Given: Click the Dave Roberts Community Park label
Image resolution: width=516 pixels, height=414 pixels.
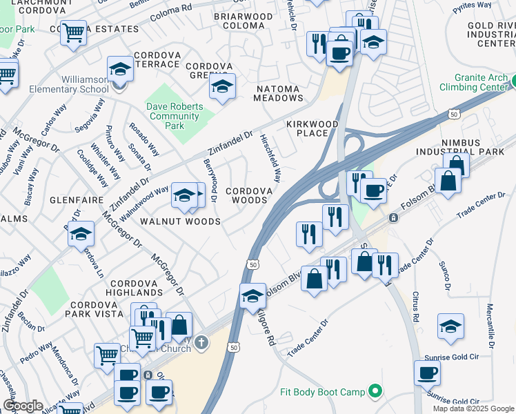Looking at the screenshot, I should [x=175, y=117].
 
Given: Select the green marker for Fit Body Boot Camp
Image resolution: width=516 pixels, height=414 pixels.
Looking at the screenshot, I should [x=375, y=392].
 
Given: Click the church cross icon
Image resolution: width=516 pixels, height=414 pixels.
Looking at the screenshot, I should [x=200, y=342].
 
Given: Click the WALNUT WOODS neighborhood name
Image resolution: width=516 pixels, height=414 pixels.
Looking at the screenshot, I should [x=180, y=221].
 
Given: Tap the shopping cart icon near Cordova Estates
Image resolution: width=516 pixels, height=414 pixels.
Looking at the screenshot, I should [x=72, y=32].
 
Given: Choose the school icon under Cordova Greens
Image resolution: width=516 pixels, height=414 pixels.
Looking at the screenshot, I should [x=222, y=87].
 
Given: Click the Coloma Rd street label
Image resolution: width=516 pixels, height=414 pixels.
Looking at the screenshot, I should [x=170, y=10].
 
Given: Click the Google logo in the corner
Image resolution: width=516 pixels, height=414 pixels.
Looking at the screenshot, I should [x=22, y=406].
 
